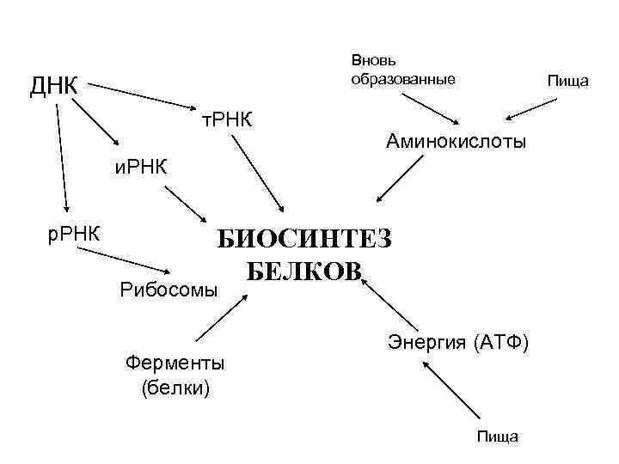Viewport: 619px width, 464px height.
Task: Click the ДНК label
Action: pyautogui.click(x=53, y=86)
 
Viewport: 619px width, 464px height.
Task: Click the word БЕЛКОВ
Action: pyautogui.click(x=304, y=272)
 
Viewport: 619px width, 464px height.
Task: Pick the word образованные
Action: pyautogui.click(x=402, y=79)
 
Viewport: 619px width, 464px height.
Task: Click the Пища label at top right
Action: pyautogui.click(x=567, y=81)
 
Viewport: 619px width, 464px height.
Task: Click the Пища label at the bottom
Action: pyautogui.click(x=499, y=437)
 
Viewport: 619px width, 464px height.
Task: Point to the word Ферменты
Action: pyautogui.click(x=175, y=362)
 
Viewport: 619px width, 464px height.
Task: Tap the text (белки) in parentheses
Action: pyautogui.click(x=175, y=387)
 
